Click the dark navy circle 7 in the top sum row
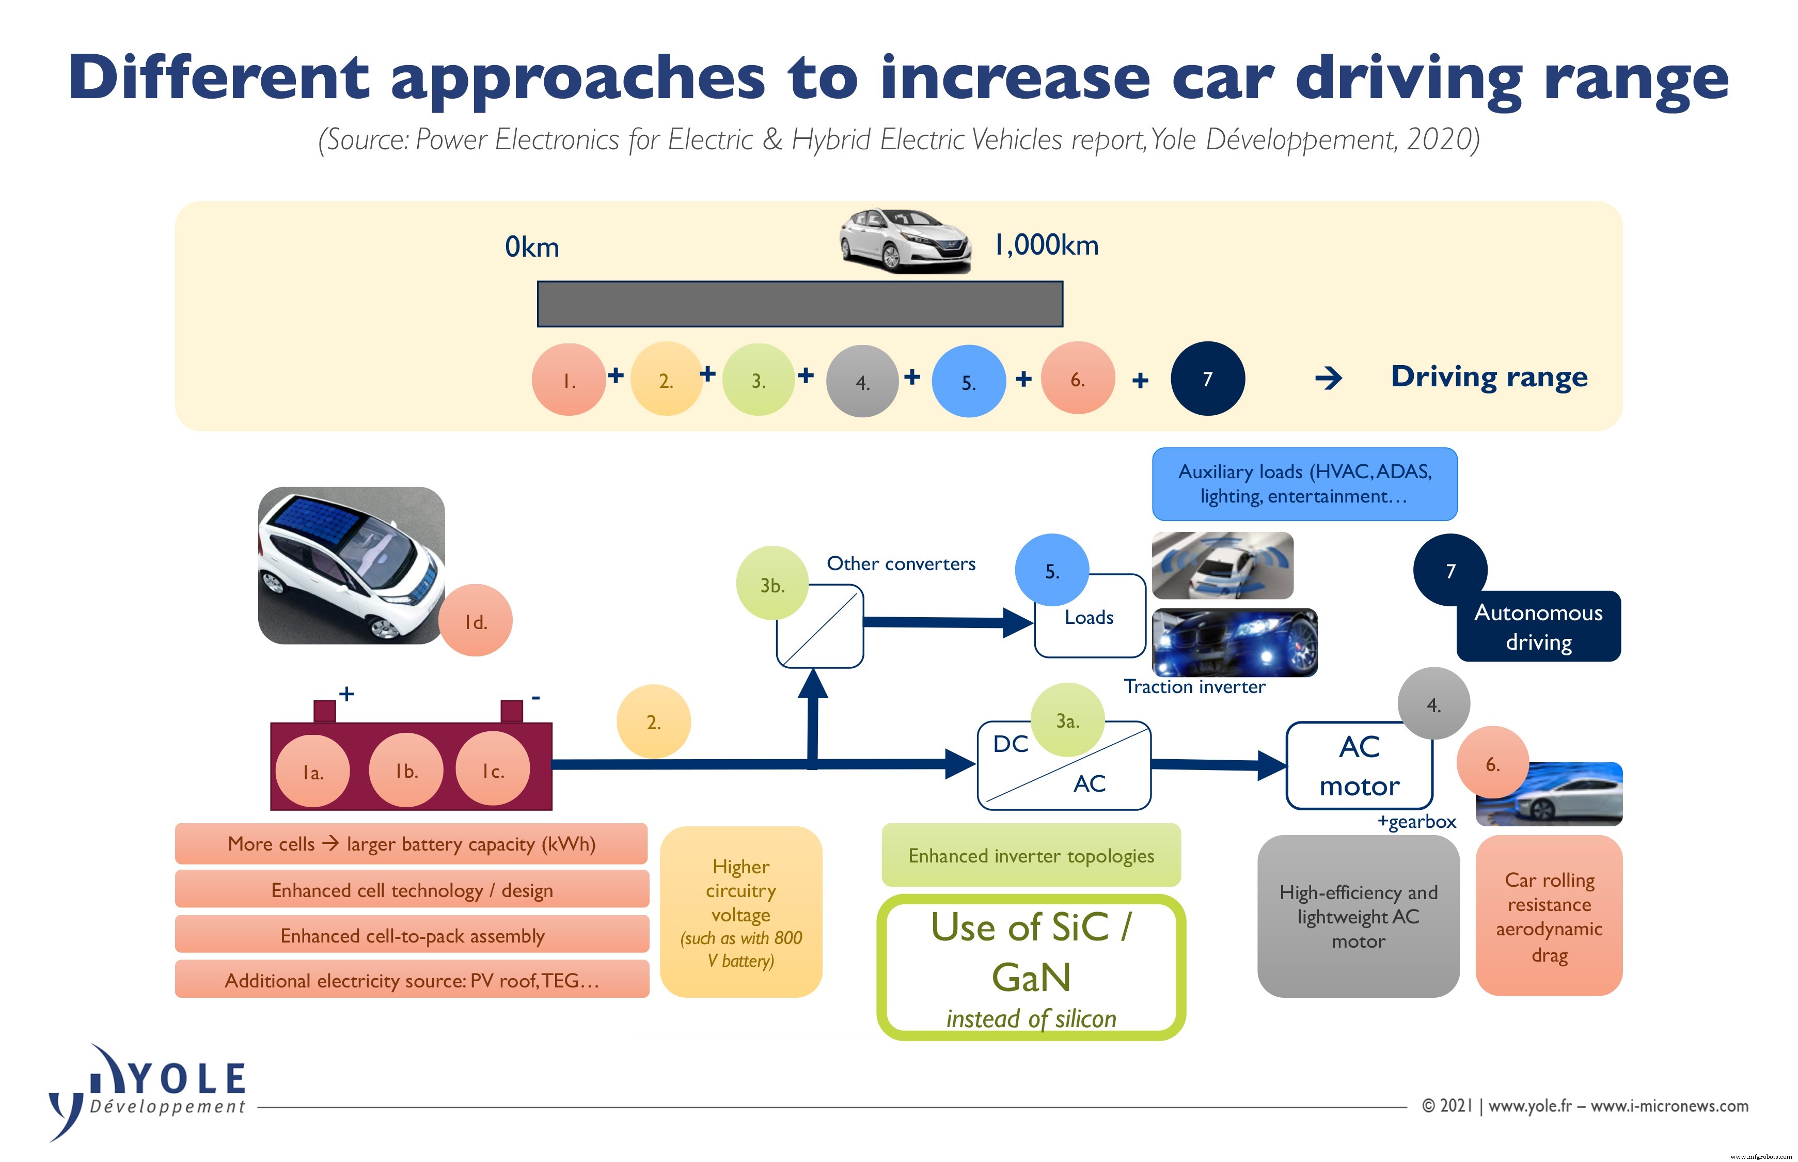(1207, 378)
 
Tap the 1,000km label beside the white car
(1046, 245)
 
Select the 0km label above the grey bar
(532, 247)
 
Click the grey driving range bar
(799, 304)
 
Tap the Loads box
(1089, 617)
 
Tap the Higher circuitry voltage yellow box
(740, 912)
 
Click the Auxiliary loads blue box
(1304, 484)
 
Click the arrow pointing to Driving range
(1328, 378)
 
